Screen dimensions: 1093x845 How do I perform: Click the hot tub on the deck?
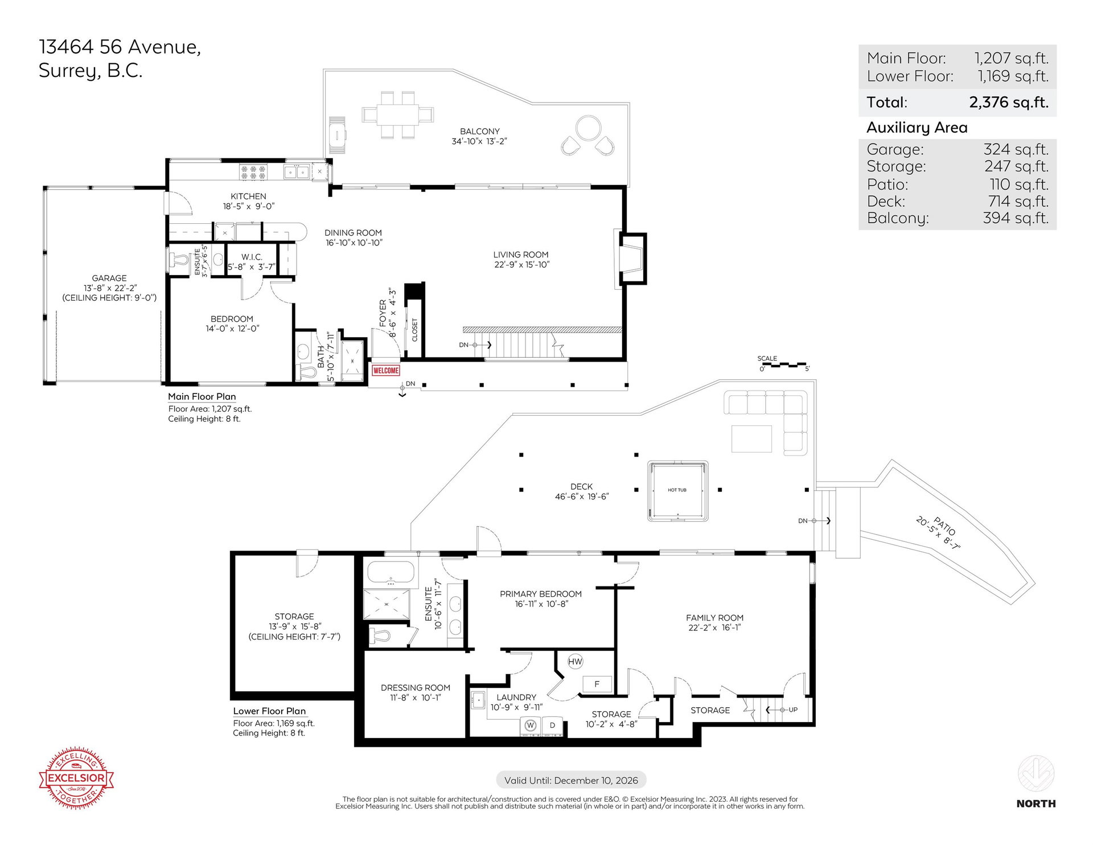(x=677, y=491)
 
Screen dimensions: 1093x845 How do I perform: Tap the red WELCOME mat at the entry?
(x=385, y=370)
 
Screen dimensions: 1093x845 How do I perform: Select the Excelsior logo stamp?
(x=76, y=778)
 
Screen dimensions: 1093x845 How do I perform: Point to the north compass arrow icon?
(x=1036, y=773)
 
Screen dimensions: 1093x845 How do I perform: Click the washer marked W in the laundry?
(x=530, y=725)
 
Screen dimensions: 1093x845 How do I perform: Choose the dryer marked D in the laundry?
(x=552, y=725)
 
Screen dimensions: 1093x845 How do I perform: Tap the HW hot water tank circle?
(x=575, y=661)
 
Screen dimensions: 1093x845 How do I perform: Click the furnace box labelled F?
(x=597, y=684)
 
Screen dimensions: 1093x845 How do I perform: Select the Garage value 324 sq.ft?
(x=1016, y=149)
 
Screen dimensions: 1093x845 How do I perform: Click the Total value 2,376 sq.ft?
(x=1009, y=102)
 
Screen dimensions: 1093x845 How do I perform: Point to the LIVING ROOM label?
(x=521, y=255)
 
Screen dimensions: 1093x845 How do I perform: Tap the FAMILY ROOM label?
(x=714, y=618)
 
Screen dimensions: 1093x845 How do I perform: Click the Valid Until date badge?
(x=571, y=781)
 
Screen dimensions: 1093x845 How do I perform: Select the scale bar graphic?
(x=784, y=364)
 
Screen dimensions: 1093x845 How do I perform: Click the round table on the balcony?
(x=588, y=128)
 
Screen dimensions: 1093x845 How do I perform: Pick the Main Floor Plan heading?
(x=202, y=397)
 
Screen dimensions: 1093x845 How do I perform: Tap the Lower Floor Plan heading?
(x=269, y=711)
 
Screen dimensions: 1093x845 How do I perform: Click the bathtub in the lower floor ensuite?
(x=391, y=573)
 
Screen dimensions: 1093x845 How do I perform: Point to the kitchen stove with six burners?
(x=253, y=172)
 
